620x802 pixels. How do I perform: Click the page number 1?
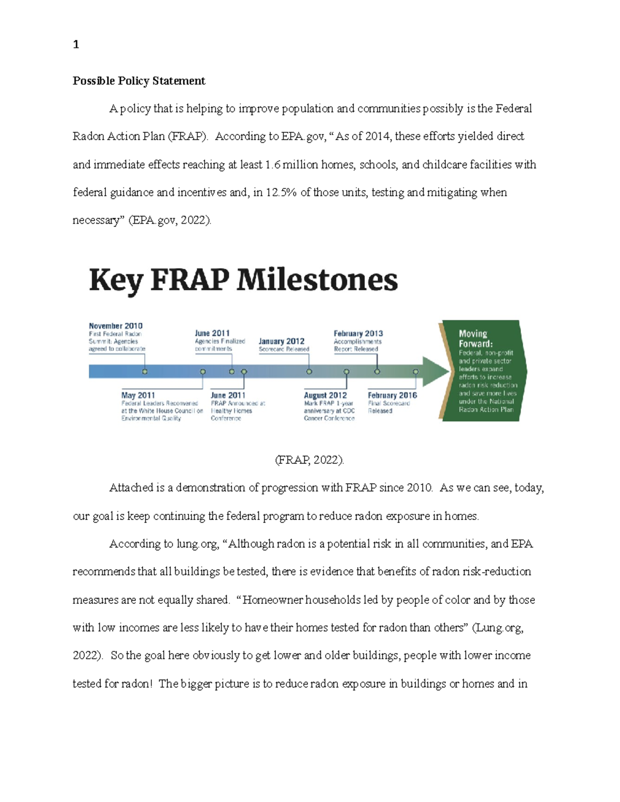[x=76, y=45]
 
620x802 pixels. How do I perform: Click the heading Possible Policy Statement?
[x=139, y=81]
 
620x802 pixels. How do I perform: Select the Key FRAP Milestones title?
[x=243, y=280]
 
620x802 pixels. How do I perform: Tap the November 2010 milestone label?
[x=116, y=326]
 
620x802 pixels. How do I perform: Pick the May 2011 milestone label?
[x=138, y=395]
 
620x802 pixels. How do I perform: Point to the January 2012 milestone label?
[x=282, y=341]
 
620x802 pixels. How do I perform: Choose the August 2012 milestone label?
[x=326, y=395]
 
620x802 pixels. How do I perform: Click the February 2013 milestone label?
[x=358, y=334]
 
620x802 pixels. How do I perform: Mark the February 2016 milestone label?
[x=392, y=395]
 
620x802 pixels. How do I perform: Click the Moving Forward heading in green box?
[x=476, y=339]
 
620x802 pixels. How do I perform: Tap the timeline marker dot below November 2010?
[x=145, y=371]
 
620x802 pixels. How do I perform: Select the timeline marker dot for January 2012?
[x=309, y=371]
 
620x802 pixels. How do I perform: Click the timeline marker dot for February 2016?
[x=416, y=371]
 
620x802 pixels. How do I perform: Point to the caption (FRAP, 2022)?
[x=309, y=460]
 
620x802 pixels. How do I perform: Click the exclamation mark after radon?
[x=150, y=684]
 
